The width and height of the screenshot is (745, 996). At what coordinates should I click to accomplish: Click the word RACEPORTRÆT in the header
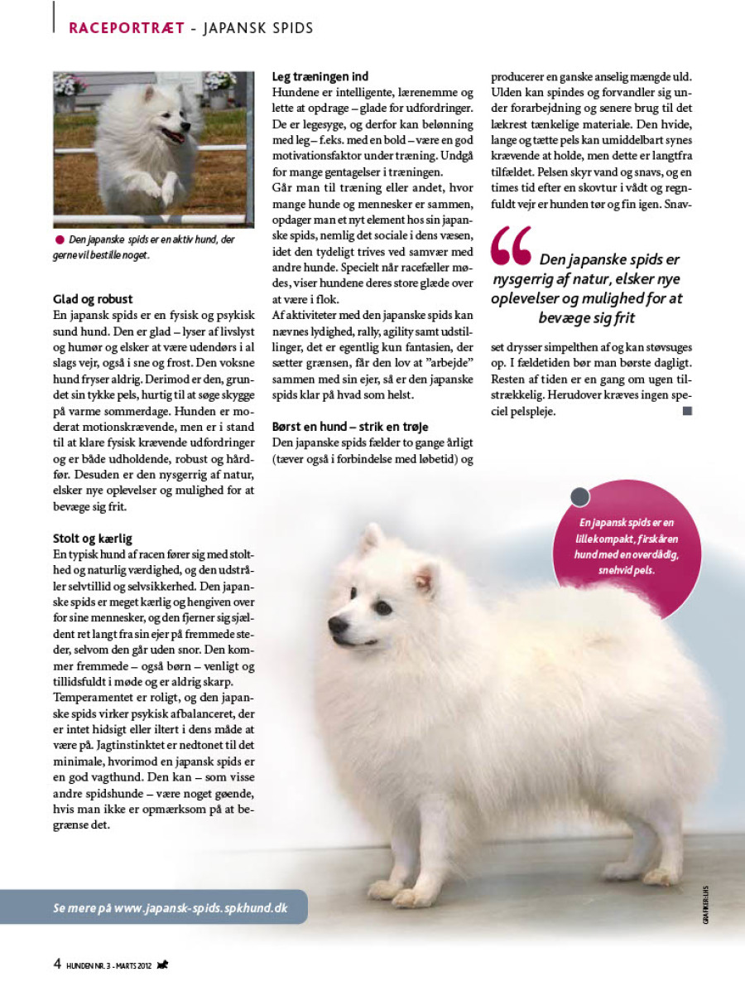click(126, 28)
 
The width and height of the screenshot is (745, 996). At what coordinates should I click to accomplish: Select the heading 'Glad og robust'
click(92, 299)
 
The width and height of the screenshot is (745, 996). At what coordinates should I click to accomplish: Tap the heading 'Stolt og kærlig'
click(93, 539)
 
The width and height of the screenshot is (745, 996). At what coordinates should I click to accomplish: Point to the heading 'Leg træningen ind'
click(320, 77)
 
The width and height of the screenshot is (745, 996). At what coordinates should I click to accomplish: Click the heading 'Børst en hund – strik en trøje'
click(350, 427)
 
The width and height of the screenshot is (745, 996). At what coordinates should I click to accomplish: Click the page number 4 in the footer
click(57, 963)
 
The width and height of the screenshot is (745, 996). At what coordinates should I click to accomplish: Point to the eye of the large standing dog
click(382, 607)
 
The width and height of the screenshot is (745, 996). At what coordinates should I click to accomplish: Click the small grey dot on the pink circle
click(580, 497)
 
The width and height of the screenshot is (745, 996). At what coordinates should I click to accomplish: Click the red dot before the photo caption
click(59, 239)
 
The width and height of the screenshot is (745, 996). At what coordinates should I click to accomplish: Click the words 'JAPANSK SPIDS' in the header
click(259, 28)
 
